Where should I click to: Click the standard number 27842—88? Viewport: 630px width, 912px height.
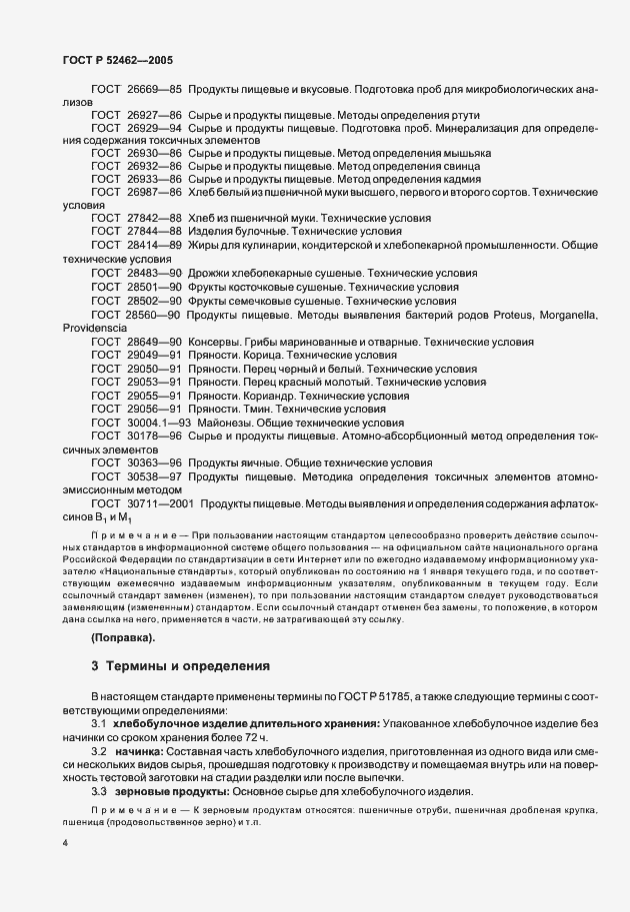coord(150,217)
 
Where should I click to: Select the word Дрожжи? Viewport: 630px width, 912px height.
coord(209,272)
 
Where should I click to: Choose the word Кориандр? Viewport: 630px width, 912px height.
coord(264,396)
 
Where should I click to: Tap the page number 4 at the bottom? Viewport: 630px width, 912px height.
coord(65,844)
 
